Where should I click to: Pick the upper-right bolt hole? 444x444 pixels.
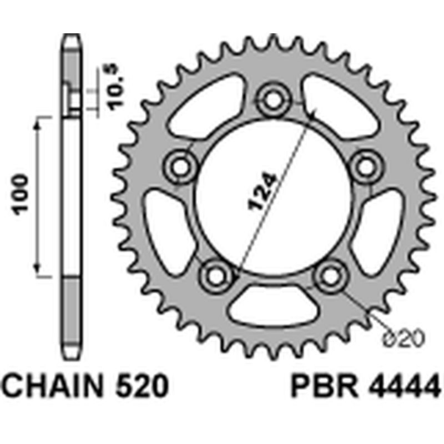365,165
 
